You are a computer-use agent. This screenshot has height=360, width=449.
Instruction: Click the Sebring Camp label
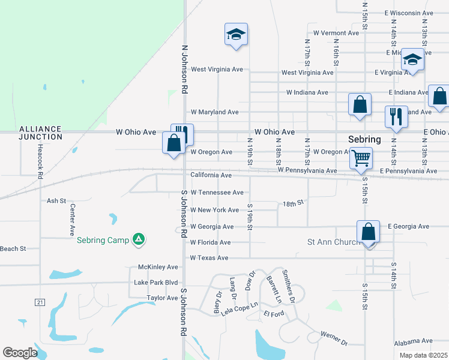[x=103, y=241]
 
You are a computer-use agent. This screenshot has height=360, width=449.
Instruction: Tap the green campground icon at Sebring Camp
[x=139, y=240]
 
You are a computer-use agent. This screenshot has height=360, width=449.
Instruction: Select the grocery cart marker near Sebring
[x=361, y=158]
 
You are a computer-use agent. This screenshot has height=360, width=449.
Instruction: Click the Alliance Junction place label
[x=40, y=133]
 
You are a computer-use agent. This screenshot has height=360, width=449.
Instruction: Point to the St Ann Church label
[x=333, y=242]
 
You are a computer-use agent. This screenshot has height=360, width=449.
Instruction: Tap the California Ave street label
[x=211, y=175]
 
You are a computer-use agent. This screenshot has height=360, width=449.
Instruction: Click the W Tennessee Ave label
[x=217, y=193]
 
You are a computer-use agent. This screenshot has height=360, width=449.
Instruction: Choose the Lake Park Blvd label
[x=156, y=283]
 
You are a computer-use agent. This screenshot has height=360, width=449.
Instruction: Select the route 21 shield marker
[x=40, y=302]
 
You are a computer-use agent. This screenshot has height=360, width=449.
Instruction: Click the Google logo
[x=20, y=353]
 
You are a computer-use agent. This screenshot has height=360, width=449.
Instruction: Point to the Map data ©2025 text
[x=423, y=355]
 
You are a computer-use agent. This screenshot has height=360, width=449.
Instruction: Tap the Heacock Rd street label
[x=40, y=162]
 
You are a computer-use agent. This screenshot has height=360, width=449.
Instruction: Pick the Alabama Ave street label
[x=414, y=341]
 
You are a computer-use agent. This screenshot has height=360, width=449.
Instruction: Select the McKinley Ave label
[x=158, y=267]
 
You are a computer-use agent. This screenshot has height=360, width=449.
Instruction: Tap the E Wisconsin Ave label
[x=409, y=13]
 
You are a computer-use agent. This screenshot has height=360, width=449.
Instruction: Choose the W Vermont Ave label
[x=336, y=33]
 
